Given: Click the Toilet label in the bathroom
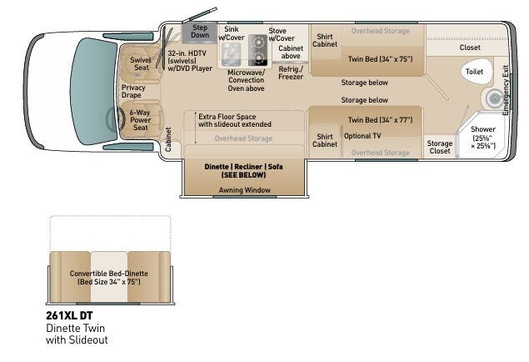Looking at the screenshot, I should (x=472, y=72).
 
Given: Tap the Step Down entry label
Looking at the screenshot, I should (x=200, y=32).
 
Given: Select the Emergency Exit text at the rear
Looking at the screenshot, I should (x=505, y=86).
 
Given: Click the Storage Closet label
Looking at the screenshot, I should (x=440, y=148).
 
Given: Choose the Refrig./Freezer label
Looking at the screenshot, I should (x=291, y=73).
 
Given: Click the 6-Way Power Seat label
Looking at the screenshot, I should (x=141, y=122).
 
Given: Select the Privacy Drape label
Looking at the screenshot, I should (x=133, y=92).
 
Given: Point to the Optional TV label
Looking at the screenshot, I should (x=362, y=136).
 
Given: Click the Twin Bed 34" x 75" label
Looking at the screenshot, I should (x=379, y=58).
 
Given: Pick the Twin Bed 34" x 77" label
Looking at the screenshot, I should (x=380, y=120).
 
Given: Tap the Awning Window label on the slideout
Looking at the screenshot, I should (x=243, y=190).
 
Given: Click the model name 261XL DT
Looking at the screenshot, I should (x=69, y=316).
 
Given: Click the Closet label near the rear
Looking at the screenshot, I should (x=470, y=48).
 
